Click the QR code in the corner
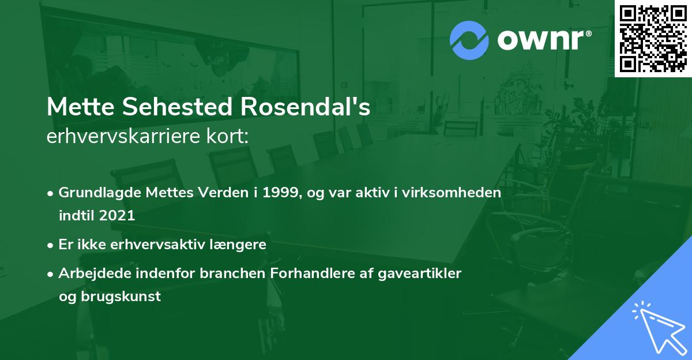pyautogui.click(x=653, y=38)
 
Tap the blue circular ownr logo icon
pyautogui.click(x=469, y=40)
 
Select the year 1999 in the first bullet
pyautogui.click(x=279, y=193)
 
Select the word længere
pyautogui.click(x=239, y=244)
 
